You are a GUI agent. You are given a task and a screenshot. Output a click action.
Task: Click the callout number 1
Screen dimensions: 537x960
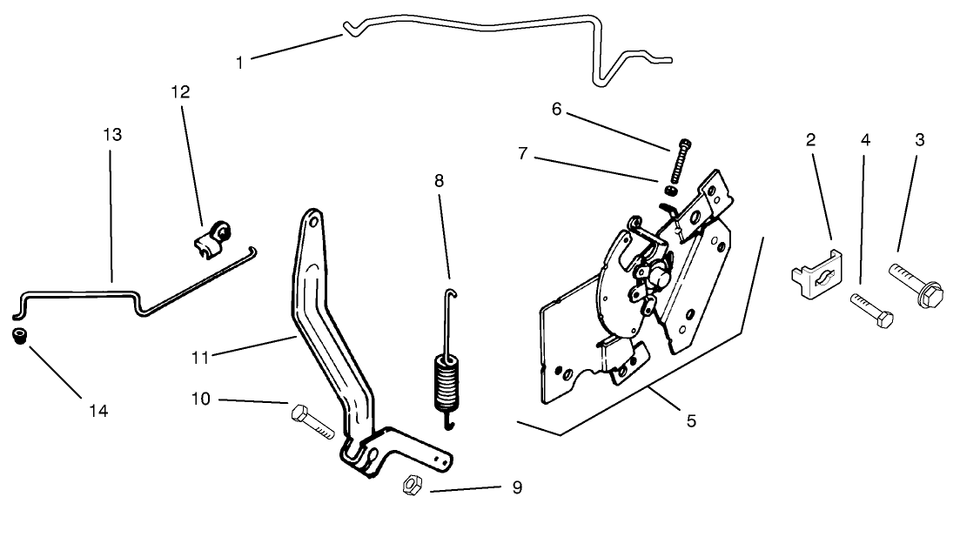[240, 62]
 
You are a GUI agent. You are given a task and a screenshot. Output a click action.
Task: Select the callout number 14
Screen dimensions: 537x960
[98, 410]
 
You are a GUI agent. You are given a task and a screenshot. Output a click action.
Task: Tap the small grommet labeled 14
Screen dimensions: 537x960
[18, 336]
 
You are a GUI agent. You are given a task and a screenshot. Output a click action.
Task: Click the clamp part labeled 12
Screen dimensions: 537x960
[211, 239]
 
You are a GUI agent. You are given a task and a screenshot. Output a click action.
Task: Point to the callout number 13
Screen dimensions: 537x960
[112, 135]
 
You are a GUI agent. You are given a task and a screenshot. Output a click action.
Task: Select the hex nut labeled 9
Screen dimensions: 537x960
[411, 486]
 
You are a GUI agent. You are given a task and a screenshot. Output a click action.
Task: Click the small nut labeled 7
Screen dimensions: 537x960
[671, 190]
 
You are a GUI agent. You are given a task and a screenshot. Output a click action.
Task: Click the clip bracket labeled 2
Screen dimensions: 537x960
[816, 275]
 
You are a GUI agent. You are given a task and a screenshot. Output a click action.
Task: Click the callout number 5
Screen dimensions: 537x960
[690, 420]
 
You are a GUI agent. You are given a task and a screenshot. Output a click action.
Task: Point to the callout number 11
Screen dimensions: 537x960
[201, 357]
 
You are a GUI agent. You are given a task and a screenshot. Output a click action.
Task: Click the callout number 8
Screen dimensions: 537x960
[439, 181]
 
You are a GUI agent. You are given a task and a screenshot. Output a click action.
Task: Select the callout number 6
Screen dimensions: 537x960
[557, 109]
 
